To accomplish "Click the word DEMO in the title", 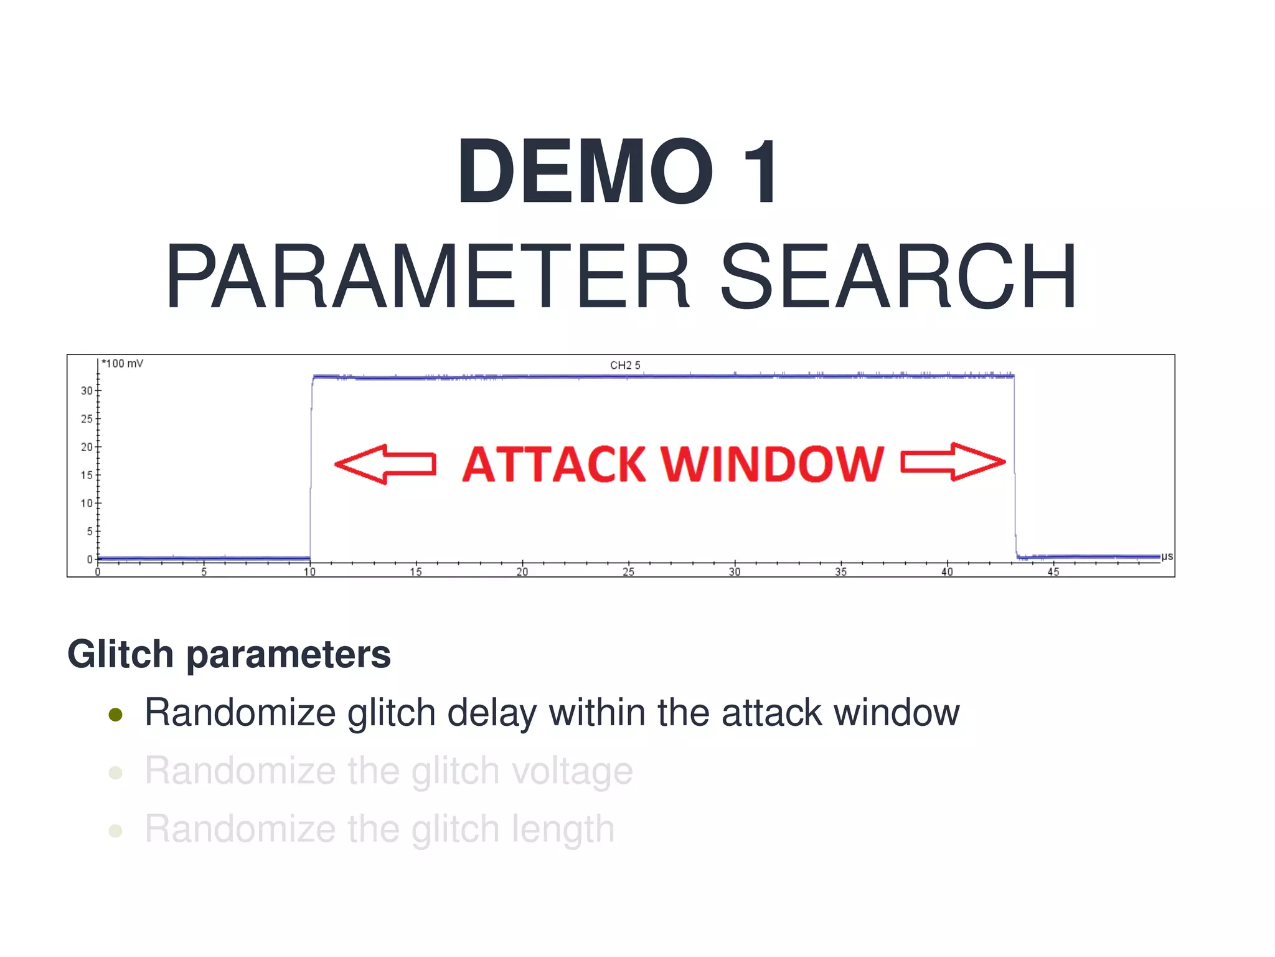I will point(585,172).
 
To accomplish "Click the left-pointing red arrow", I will point(385,464).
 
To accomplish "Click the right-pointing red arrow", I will point(953,462).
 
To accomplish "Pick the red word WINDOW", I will point(772,465).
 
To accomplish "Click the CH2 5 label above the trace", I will point(624,365).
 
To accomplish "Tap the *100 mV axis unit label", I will point(123,364).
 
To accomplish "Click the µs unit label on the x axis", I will point(1167,556).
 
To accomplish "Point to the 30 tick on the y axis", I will point(87,391).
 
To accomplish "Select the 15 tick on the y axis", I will point(87,475).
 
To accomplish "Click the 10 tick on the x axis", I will point(309,572).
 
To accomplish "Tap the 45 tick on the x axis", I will point(1053,572).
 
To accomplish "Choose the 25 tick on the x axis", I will point(628,572).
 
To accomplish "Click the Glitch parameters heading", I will point(229,654).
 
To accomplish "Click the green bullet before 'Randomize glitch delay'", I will point(115,714).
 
